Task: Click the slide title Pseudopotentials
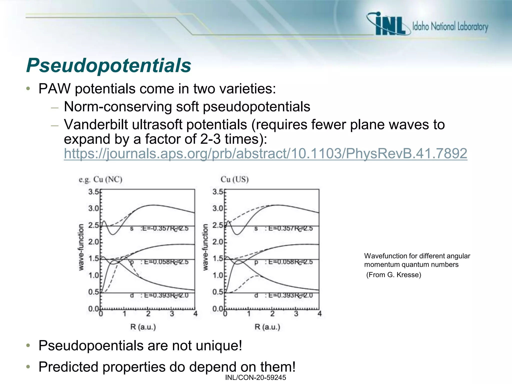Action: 108,65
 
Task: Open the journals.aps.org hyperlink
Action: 265,153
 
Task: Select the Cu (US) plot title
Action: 234,179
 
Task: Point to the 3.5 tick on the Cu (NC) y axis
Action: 94,192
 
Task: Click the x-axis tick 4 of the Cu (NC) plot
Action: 195,314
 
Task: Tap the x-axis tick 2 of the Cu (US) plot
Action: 272,314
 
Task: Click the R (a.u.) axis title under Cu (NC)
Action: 143,327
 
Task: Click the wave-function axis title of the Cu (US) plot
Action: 205,247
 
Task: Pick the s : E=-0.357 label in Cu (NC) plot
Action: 159,228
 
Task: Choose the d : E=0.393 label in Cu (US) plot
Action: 283,295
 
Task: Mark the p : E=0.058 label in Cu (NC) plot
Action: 159,262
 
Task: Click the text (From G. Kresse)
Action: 393,275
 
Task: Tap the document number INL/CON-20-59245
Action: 255,377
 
